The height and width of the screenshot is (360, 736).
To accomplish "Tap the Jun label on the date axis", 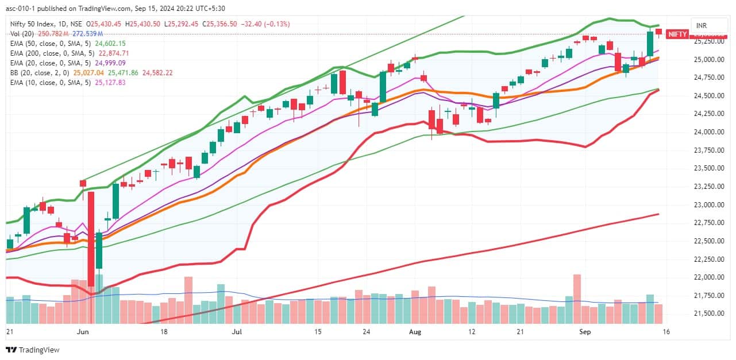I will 83,332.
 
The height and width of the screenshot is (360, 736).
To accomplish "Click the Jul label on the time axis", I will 237,332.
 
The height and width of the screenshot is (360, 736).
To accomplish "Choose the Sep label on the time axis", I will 585,332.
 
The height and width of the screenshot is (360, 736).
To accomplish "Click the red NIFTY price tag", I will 677,34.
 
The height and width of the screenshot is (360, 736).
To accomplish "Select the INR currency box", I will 702,26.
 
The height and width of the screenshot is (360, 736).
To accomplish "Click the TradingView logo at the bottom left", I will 33,350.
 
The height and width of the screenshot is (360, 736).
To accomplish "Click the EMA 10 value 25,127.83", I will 108,83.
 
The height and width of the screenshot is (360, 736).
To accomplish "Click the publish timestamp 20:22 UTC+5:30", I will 209,8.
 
